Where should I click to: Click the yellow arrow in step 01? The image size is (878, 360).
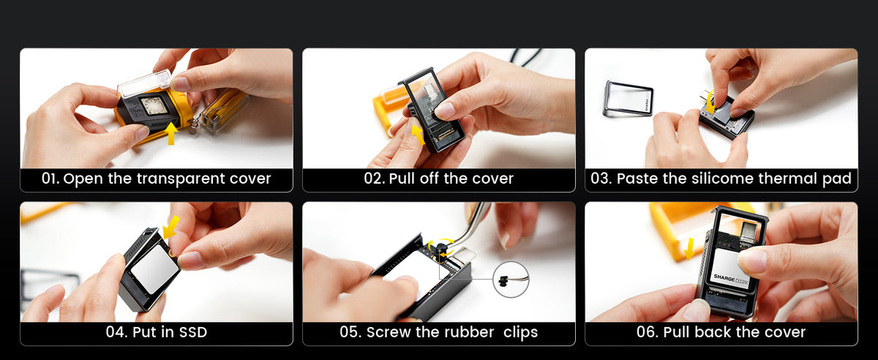[171, 133]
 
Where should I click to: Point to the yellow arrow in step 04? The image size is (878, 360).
[171, 227]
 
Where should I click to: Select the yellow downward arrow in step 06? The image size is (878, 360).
[689, 248]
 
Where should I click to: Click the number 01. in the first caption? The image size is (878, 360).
[50, 179]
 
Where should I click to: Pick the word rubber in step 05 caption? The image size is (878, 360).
[469, 332]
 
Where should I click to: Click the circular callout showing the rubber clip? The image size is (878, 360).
[511, 280]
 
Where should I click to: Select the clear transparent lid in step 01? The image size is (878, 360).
[145, 83]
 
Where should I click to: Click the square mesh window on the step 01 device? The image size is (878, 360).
[155, 106]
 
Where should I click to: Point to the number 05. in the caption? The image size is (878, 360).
[350, 332]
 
